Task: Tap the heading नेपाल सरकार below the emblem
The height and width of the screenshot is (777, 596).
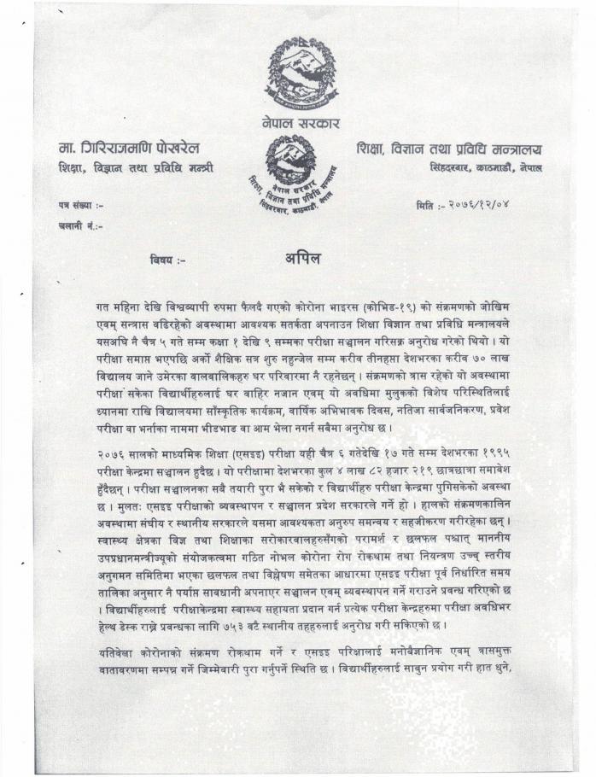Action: point(301,124)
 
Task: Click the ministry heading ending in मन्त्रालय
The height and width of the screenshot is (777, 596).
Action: point(449,148)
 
